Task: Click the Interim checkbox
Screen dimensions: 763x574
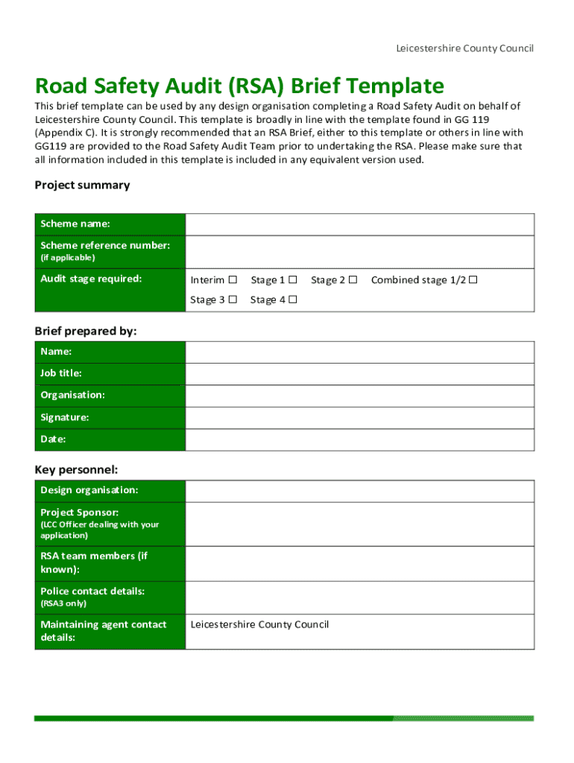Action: click(233, 280)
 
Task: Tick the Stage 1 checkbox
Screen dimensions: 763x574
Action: click(293, 280)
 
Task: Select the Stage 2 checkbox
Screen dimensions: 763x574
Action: click(353, 280)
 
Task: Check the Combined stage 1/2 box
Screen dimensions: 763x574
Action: click(473, 280)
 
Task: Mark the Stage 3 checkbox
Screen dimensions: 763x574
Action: click(233, 300)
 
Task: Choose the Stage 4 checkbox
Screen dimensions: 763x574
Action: click(293, 300)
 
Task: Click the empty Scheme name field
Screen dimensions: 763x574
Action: click(359, 224)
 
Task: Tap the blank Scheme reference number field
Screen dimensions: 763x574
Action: click(359, 252)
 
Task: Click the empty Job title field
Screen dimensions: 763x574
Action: click(359, 373)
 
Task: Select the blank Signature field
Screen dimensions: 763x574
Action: click(359, 417)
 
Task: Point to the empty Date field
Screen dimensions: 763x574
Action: click(359, 440)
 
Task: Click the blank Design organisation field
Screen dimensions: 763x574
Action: click(359, 491)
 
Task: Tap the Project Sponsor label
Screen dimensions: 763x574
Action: click(79, 513)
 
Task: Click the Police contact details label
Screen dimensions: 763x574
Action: click(92, 591)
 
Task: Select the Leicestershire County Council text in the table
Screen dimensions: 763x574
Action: click(259, 624)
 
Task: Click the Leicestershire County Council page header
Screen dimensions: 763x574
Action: click(464, 48)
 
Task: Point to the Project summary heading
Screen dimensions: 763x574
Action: click(82, 185)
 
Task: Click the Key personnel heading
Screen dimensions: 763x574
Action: click(77, 469)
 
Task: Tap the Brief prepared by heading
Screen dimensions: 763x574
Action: click(86, 332)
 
